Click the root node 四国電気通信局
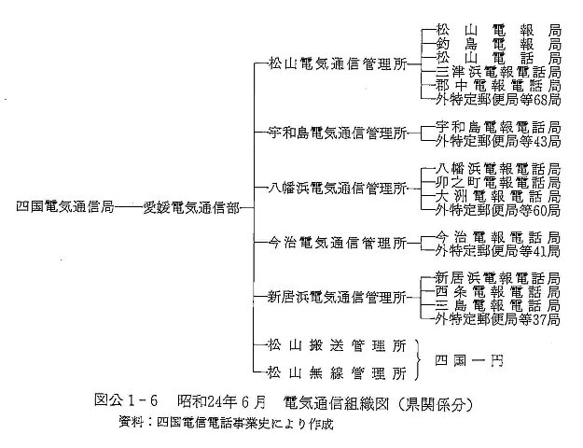[x=64, y=206]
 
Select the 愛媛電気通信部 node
[x=191, y=207]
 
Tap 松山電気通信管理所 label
[x=338, y=64]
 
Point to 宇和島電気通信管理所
[x=338, y=133]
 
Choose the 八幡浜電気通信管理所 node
[x=338, y=189]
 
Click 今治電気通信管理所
[x=338, y=243]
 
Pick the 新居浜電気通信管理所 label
[x=337, y=298]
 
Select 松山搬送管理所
[x=337, y=345]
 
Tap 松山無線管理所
[x=337, y=372]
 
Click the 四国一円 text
[x=469, y=360]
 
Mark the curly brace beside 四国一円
[x=417, y=359]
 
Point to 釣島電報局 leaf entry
[x=498, y=44]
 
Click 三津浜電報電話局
[x=498, y=72]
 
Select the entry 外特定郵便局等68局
[x=498, y=99]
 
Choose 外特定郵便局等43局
[x=498, y=141]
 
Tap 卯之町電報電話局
[x=498, y=182]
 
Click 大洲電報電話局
[x=498, y=196]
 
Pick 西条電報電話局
[x=497, y=292]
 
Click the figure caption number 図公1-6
[x=127, y=400]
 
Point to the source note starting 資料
[x=226, y=423]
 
